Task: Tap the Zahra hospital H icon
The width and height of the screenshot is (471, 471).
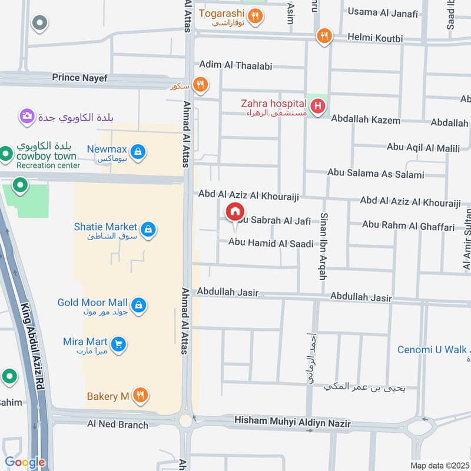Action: click(318, 107)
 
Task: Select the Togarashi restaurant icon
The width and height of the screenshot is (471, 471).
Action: click(255, 16)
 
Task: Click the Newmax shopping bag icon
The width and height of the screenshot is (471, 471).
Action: click(138, 152)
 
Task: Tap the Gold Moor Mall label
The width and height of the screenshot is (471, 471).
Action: click(92, 303)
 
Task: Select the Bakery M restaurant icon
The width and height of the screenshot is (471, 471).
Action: click(140, 395)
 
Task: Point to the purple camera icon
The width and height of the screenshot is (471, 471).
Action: click(26, 116)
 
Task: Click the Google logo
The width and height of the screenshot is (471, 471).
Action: click(25, 462)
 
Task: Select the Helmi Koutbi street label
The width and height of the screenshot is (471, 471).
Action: click(375, 39)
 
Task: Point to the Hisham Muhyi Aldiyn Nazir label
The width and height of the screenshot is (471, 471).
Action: click(292, 423)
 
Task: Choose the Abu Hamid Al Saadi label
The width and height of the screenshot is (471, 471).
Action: click(271, 243)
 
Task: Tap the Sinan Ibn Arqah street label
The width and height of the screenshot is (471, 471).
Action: click(323, 246)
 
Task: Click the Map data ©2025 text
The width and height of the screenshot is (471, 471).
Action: click(439, 465)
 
